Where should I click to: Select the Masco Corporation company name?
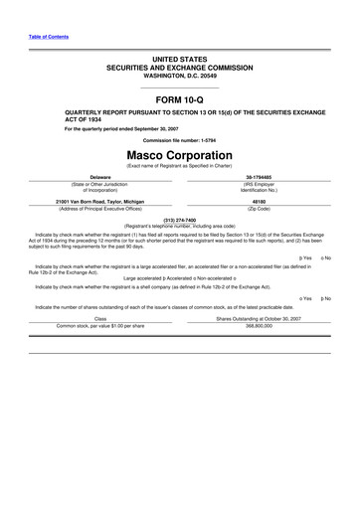click(179, 156)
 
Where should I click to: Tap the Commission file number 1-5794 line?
click(179, 139)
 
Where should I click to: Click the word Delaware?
click(100, 176)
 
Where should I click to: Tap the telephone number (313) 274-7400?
click(179, 219)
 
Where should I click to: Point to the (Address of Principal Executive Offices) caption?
click(100, 209)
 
